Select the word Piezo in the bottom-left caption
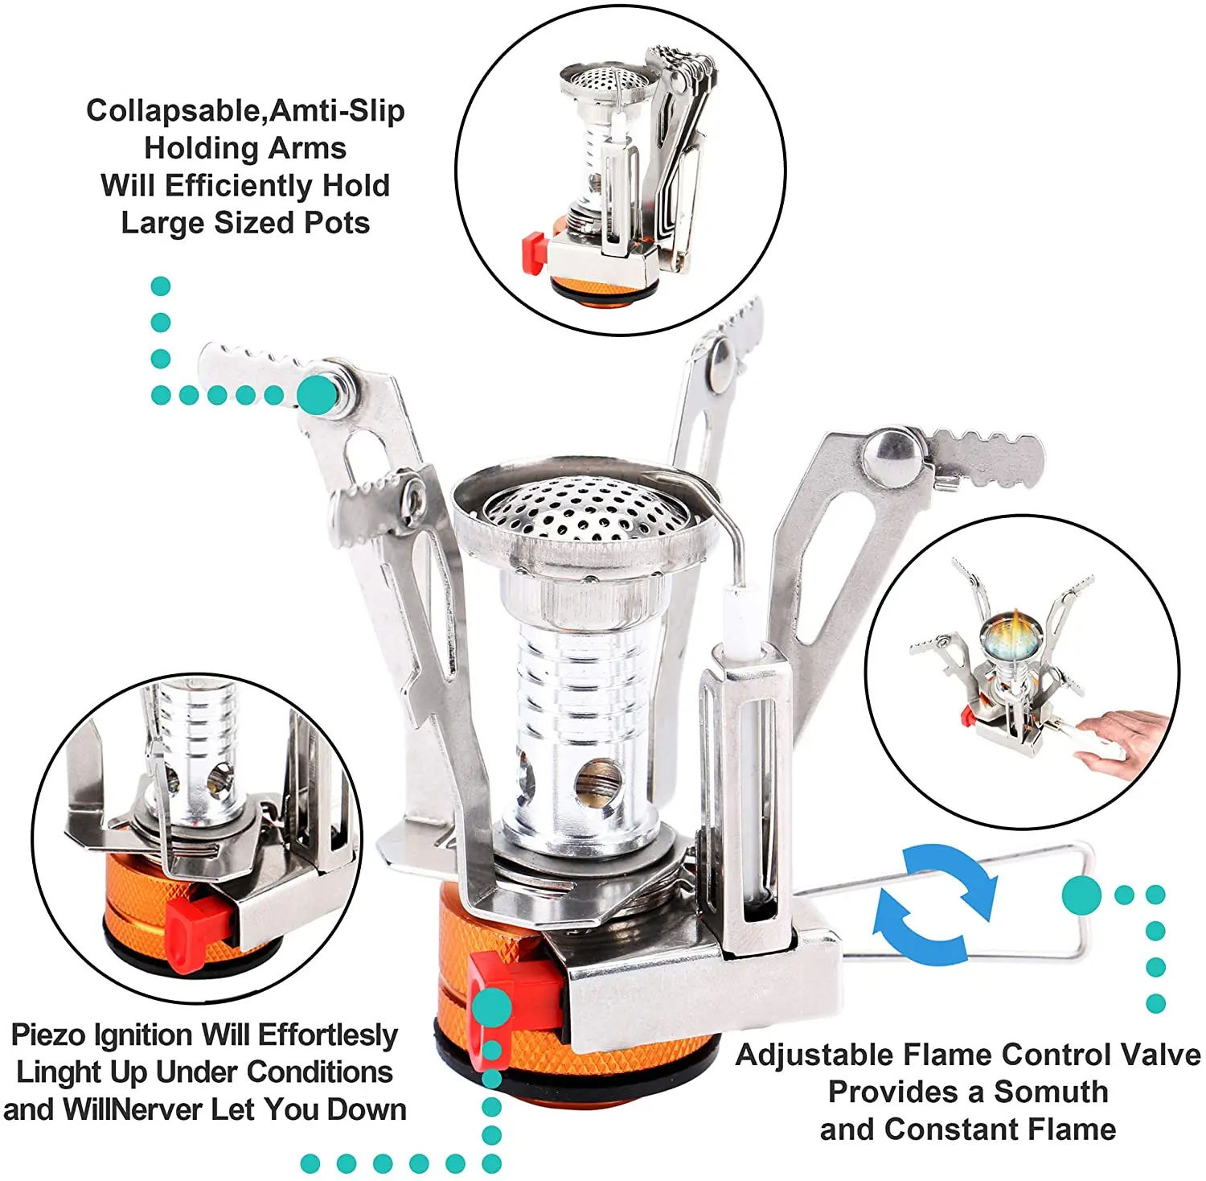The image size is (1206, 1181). [x=48, y=1035]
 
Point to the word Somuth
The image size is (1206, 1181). [x=1051, y=1093]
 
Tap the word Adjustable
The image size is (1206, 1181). [x=815, y=1055]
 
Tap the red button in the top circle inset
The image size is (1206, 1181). [x=533, y=251]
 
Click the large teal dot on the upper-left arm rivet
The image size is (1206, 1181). [x=318, y=394]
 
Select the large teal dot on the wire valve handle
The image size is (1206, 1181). [x=1081, y=895]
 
